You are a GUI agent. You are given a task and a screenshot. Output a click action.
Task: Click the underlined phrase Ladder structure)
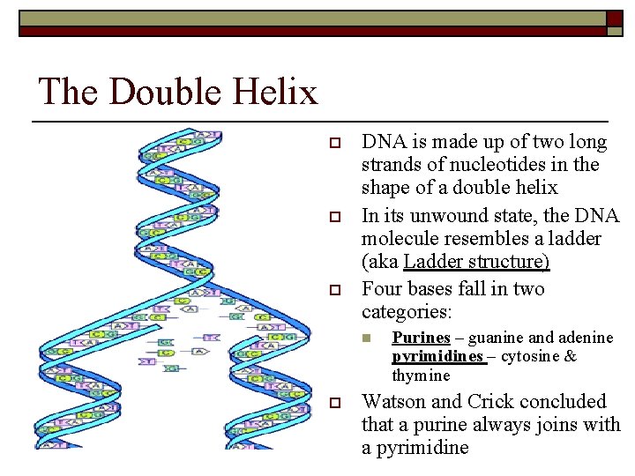[x=476, y=262]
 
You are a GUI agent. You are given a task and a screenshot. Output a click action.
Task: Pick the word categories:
[x=406, y=312]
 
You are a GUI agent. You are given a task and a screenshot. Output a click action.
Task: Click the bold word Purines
[x=421, y=338]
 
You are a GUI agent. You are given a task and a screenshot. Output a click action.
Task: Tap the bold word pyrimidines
[x=437, y=356]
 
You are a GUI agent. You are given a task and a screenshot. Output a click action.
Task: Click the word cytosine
[x=529, y=356]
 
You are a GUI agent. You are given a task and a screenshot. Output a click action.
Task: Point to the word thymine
[x=421, y=376]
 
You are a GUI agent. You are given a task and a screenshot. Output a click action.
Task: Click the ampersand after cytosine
[x=570, y=356]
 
